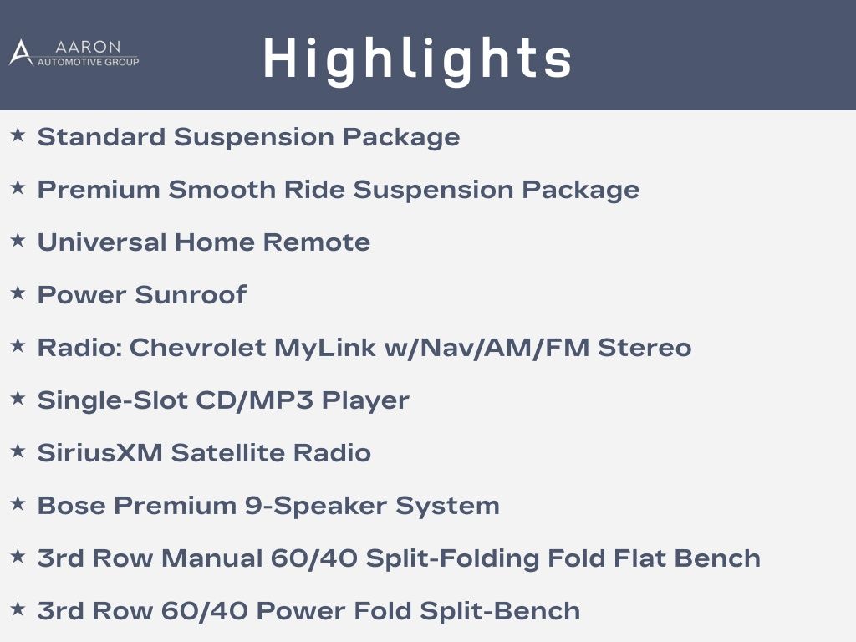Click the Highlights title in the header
418,60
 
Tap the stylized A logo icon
21,53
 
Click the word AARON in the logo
88,47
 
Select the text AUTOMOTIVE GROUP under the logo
88,62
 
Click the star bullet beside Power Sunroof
18,293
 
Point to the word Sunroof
191,295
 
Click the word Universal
102,242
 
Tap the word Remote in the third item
317,242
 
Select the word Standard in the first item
101,137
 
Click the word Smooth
222,190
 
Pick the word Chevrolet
197,348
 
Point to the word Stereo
645,348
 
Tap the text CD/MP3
254,400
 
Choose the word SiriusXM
100,453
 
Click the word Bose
72,506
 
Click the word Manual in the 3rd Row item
212,558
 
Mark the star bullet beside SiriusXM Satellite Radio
18,451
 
